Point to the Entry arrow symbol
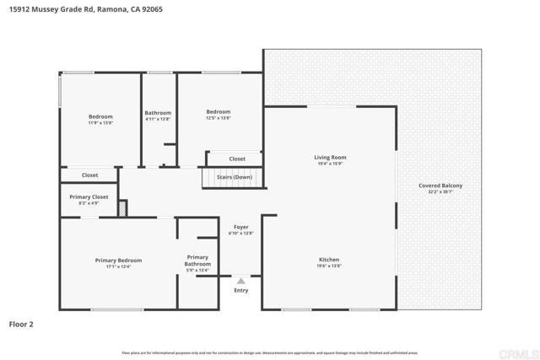(x=241, y=282)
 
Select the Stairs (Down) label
(x=235, y=178)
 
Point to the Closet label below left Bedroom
(x=89, y=175)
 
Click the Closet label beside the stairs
(x=237, y=159)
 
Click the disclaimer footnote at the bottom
(x=270, y=353)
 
